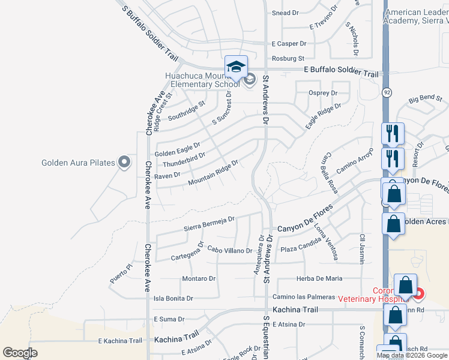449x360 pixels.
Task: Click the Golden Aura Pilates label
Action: tap(79, 163)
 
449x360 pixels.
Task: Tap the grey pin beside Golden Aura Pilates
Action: tap(124, 162)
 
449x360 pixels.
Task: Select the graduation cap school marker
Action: tap(236, 67)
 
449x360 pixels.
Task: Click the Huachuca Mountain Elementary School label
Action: tap(202, 80)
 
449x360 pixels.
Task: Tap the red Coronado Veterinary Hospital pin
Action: tap(418, 294)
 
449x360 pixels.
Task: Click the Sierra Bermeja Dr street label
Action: tap(209, 224)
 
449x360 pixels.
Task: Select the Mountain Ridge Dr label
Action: tap(213, 173)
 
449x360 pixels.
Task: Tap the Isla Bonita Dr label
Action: tap(173, 298)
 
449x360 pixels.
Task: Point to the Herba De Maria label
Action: tap(319, 278)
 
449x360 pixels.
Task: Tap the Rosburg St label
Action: tap(288, 59)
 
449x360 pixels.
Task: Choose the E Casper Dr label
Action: tap(289, 44)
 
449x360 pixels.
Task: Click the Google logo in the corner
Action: tap(20, 352)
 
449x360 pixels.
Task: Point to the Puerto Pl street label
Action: tap(120, 274)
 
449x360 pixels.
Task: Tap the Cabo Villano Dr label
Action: tap(230, 250)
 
